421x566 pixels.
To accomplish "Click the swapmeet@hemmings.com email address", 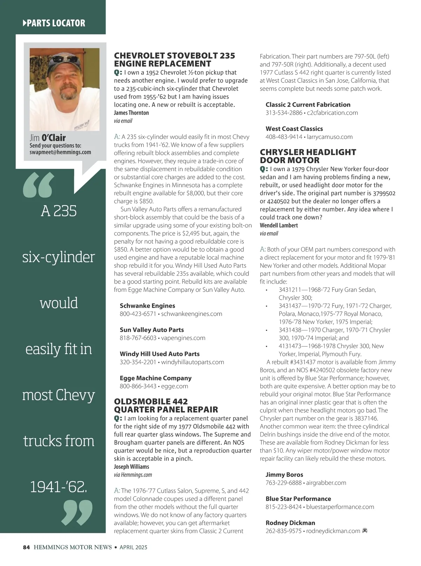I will pos(60,152).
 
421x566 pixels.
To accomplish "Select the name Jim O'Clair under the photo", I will pos(48,138).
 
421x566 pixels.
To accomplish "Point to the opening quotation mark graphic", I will pos(39,185).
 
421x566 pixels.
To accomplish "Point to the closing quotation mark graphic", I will pos(77,513).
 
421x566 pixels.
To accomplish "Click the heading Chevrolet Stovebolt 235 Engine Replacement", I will pos(174,60).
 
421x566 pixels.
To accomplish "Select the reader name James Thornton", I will pos(131,113).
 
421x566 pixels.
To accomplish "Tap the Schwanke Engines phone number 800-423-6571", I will pos(138,314).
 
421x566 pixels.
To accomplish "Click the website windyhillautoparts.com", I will pos(193,362).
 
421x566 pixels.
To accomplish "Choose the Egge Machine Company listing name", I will pos(155,378).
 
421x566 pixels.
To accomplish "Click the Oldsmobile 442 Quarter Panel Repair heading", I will pos(166,405).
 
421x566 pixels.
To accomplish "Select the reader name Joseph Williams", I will pos(131,467).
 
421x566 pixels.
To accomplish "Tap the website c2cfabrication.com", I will pos(332,113).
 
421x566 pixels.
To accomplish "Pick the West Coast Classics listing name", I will pos(294,129).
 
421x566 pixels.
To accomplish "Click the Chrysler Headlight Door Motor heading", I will pos(308,156).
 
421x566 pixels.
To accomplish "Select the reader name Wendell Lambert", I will pos(279,225).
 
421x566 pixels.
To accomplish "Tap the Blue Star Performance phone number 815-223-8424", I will pos(283,507).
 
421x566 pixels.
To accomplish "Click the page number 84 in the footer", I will pos(26,547).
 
